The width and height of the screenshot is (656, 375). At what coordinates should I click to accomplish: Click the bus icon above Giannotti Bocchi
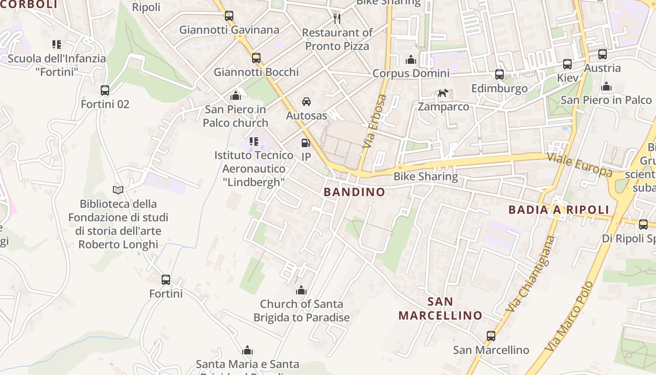pos(256,58)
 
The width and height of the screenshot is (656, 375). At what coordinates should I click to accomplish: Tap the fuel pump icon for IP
pos(306,143)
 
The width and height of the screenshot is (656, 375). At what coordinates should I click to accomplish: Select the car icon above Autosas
pos(306,102)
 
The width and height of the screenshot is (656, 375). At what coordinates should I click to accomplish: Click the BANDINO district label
pos(354,192)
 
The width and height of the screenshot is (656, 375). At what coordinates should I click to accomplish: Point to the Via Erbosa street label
pos(374,121)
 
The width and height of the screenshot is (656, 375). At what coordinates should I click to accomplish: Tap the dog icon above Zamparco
pos(443,93)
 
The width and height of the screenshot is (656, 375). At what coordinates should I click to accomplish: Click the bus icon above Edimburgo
pos(499,75)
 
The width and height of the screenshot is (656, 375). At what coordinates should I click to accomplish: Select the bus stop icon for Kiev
pos(567,64)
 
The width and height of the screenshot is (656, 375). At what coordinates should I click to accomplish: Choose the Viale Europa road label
pos(580,164)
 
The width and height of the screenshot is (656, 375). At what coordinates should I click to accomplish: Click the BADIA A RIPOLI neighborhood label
pos(559,210)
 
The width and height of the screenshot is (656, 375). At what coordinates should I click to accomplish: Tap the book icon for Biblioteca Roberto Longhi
pos(118,190)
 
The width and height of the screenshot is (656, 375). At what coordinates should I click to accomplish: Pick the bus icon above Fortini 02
pos(105,90)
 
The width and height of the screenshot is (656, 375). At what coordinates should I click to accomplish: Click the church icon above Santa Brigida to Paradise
pos(301,291)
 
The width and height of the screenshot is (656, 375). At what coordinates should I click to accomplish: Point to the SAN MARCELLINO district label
pos(440,308)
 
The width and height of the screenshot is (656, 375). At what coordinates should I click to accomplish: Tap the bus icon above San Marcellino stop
pos(491,336)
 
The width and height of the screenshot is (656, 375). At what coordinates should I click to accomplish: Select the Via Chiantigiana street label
pos(530,275)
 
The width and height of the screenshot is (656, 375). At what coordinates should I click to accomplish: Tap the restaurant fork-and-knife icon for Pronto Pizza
pos(337,19)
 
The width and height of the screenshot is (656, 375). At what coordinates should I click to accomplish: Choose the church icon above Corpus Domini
pos(411,60)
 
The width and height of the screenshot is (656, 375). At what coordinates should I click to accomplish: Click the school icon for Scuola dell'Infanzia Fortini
pos(57,45)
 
